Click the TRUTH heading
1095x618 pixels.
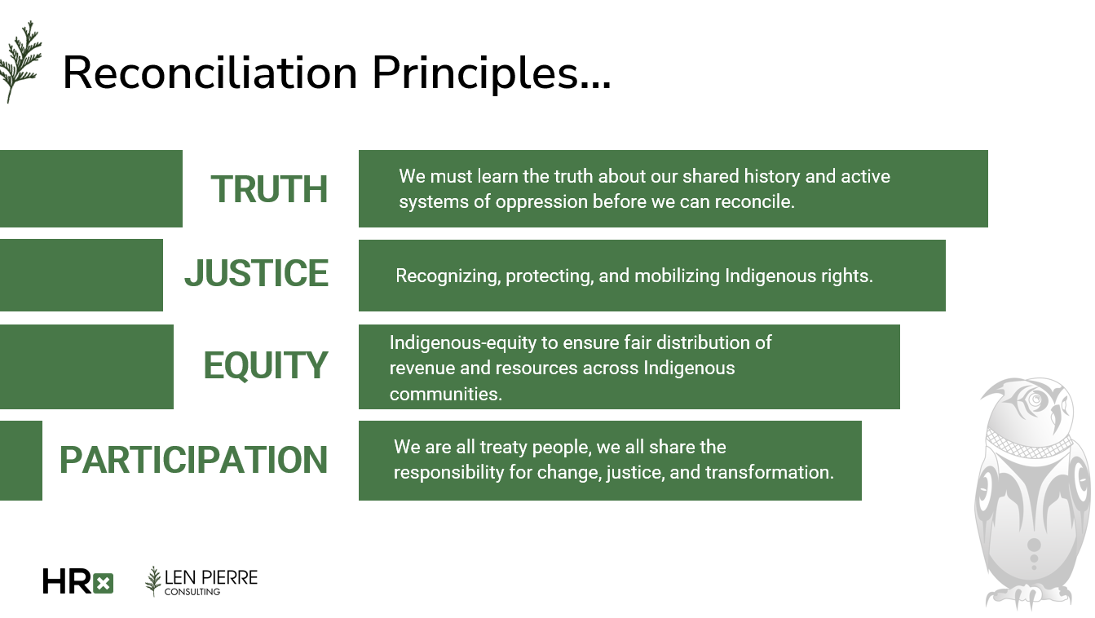pos(269,189)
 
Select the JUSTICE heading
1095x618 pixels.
pos(256,273)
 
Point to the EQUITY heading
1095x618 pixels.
pos(265,365)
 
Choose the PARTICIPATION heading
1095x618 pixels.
pos(193,460)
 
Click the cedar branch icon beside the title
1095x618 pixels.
pos(20,62)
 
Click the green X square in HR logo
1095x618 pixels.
pos(103,583)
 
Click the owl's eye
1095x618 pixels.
pos(1035,399)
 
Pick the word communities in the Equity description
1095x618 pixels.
pos(445,394)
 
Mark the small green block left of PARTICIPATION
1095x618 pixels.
pos(20,461)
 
